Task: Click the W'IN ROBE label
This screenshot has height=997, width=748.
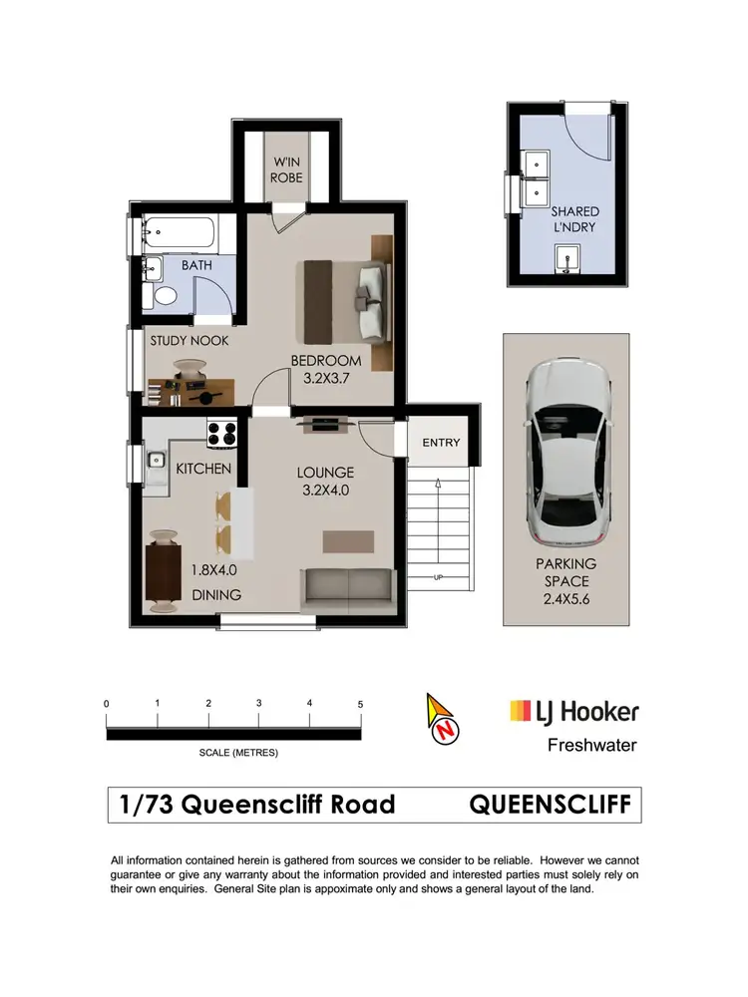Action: (288, 171)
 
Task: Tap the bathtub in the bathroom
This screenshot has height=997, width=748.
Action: (179, 234)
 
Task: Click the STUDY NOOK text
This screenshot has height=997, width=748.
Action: (189, 341)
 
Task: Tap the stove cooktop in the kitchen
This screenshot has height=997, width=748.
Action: (221, 435)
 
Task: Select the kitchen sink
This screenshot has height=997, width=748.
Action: (155, 461)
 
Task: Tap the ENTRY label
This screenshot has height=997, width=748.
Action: (441, 443)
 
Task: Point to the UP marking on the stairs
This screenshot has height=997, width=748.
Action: (438, 578)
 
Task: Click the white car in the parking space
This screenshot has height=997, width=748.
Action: (565, 444)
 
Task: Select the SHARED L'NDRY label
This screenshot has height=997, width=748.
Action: (575, 219)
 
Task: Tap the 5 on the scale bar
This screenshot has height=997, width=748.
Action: (360, 704)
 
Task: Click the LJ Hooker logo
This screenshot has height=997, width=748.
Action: (573, 712)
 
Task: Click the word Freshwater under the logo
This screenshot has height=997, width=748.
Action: (592, 745)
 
